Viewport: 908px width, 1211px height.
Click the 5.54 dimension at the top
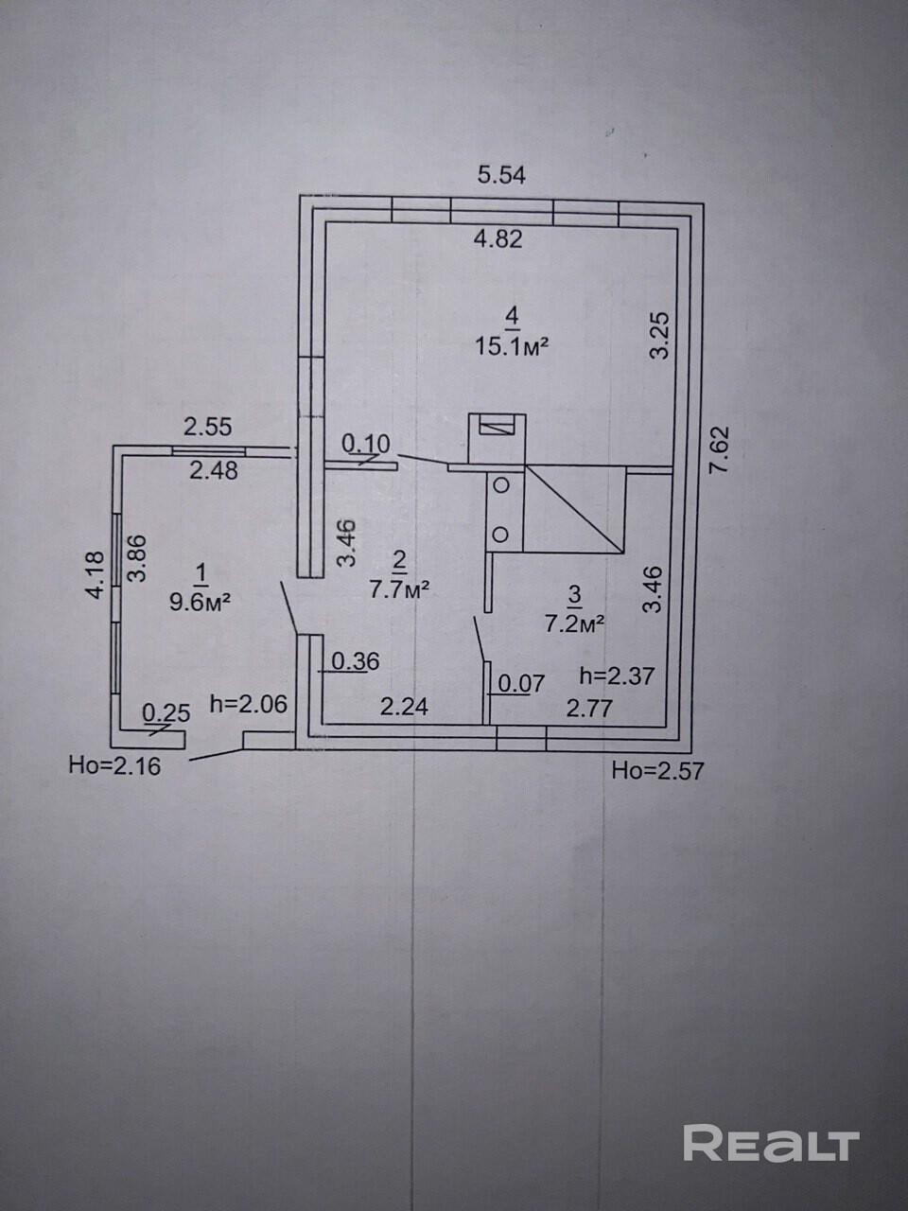point(501,175)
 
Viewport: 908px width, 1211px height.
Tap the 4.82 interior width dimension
point(498,238)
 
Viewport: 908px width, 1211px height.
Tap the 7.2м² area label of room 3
point(573,623)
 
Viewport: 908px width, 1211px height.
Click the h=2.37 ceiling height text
point(617,676)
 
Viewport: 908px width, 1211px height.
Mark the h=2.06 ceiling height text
point(248,704)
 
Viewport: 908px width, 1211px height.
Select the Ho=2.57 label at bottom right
point(657,770)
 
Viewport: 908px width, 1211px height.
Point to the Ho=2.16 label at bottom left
point(114,764)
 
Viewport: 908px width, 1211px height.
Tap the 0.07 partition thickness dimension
point(521,683)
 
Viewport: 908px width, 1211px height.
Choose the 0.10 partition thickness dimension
point(365,443)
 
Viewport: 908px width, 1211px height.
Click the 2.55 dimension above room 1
point(207,427)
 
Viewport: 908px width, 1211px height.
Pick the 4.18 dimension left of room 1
point(93,575)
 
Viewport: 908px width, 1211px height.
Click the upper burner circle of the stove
point(501,486)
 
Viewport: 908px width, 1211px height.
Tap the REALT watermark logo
point(770,1144)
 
